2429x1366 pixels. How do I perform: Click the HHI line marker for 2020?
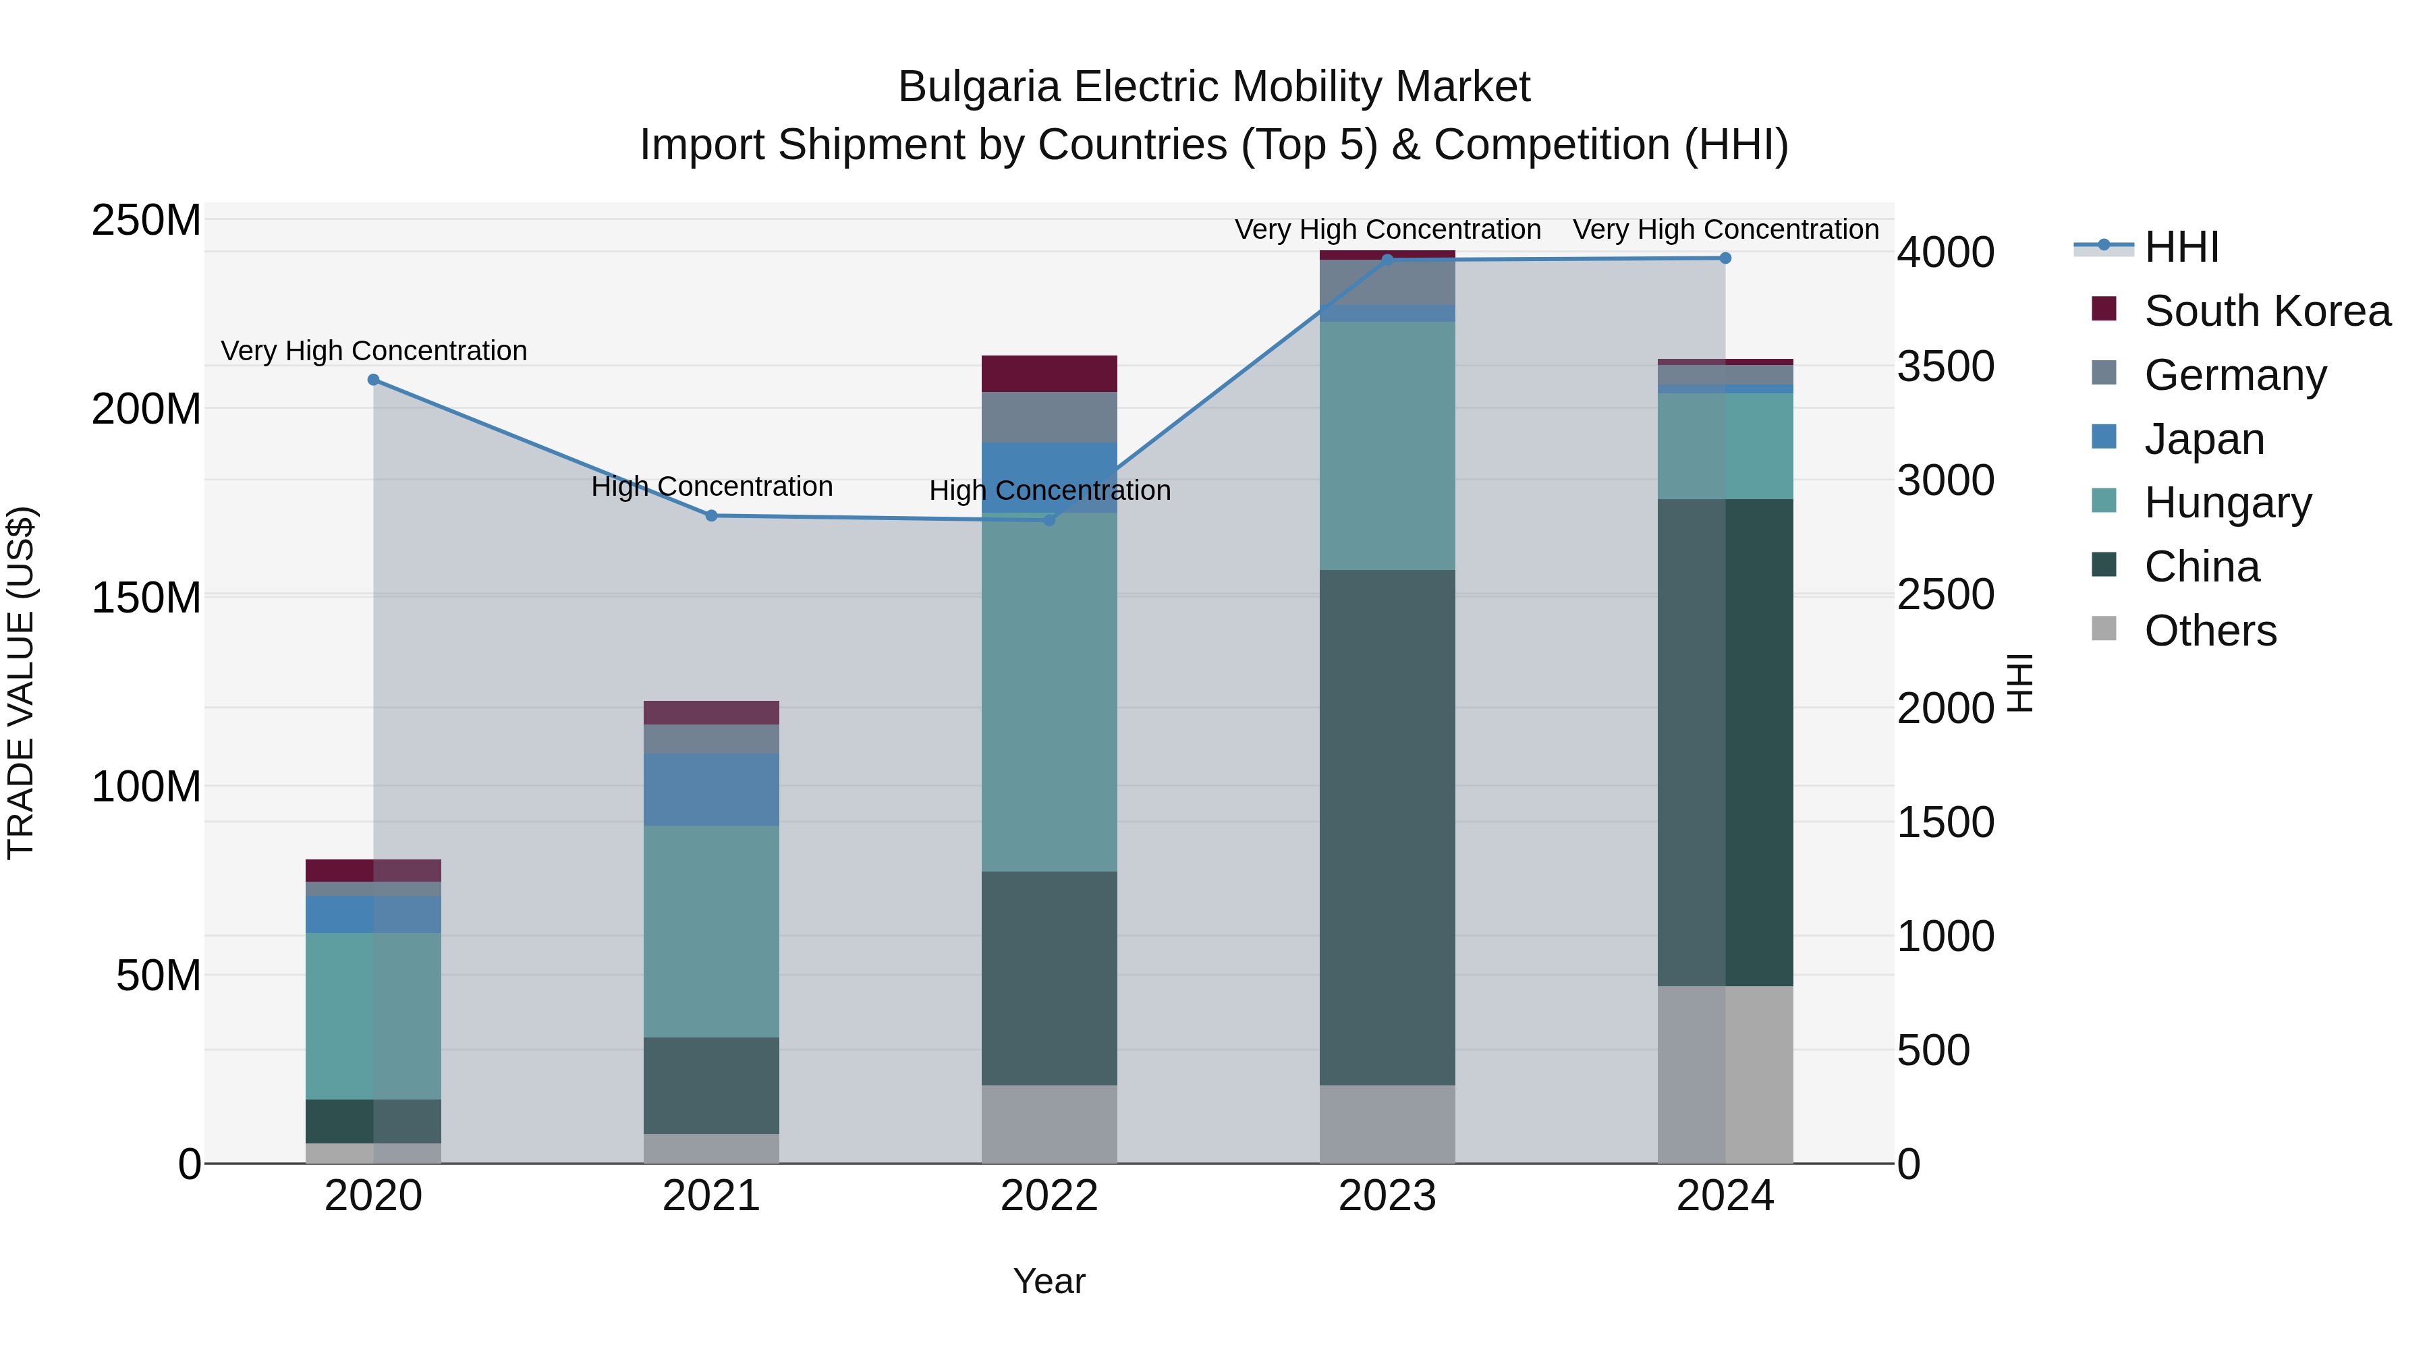373,380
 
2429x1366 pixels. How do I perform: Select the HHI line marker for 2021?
712,515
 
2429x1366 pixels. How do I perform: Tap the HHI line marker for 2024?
1725,258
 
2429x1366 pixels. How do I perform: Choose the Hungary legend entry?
2227,503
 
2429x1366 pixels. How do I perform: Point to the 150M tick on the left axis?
146,598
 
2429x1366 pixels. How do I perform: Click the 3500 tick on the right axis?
1945,367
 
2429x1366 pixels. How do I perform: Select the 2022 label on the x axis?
1049,1196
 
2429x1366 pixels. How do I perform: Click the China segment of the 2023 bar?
1387,827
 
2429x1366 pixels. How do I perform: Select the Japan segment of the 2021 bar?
712,789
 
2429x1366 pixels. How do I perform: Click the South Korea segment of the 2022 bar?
1049,373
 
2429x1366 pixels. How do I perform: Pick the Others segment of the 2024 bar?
1725,1074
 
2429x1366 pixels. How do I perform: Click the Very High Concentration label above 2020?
373,351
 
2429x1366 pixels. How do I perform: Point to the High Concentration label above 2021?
712,486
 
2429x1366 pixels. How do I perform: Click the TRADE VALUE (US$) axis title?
21,683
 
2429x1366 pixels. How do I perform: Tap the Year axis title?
1049,1281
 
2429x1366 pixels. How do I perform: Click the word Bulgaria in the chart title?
980,87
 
